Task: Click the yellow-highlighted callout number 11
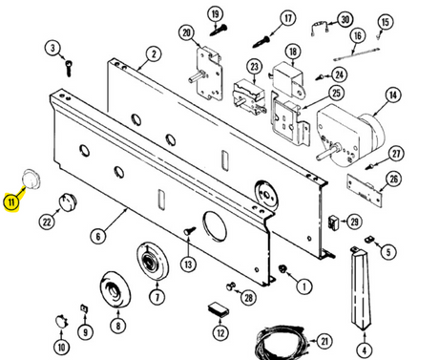(x=11, y=202)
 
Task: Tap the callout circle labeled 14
(x=393, y=95)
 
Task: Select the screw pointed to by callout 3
(x=69, y=68)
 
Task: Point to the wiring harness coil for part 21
(x=282, y=343)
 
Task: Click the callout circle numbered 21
(x=324, y=341)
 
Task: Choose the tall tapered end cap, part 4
(x=362, y=287)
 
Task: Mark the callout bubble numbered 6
(x=97, y=237)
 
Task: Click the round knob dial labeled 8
(x=115, y=289)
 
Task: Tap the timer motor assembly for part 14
(x=350, y=137)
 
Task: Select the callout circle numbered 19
(x=216, y=14)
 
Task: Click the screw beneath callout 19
(x=219, y=31)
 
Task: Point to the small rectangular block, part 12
(x=219, y=309)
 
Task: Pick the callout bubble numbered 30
(x=345, y=20)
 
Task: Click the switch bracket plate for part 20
(x=208, y=73)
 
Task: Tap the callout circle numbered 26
(x=393, y=179)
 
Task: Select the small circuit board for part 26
(x=364, y=189)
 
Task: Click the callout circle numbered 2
(x=154, y=53)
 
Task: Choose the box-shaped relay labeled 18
(x=287, y=80)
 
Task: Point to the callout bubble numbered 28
(x=248, y=298)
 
